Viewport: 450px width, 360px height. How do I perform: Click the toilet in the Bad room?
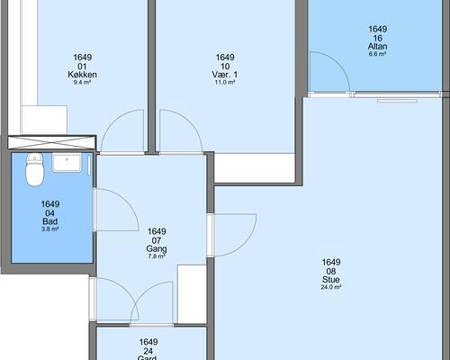(35, 169)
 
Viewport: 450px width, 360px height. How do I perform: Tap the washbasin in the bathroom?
(67, 162)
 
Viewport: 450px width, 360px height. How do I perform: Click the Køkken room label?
(82, 75)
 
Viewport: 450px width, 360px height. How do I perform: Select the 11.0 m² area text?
(225, 82)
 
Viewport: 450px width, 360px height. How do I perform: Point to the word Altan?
(377, 46)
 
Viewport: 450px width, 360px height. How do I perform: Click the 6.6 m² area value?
(377, 54)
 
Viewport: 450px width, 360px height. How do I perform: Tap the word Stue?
(331, 280)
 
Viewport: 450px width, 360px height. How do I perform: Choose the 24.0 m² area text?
(331, 287)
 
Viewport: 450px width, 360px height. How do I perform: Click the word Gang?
(157, 248)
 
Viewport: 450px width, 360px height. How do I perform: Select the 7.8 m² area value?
(157, 256)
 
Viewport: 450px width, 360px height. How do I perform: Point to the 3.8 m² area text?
(49, 229)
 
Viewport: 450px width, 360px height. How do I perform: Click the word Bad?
(50, 221)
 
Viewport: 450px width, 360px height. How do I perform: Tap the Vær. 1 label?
(225, 75)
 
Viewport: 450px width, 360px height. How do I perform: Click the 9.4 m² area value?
(82, 82)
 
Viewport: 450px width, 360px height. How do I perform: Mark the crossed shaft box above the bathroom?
(51, 142)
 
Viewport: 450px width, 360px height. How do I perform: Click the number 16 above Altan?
(378, 38)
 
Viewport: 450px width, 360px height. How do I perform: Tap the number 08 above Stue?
(331, 271)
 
